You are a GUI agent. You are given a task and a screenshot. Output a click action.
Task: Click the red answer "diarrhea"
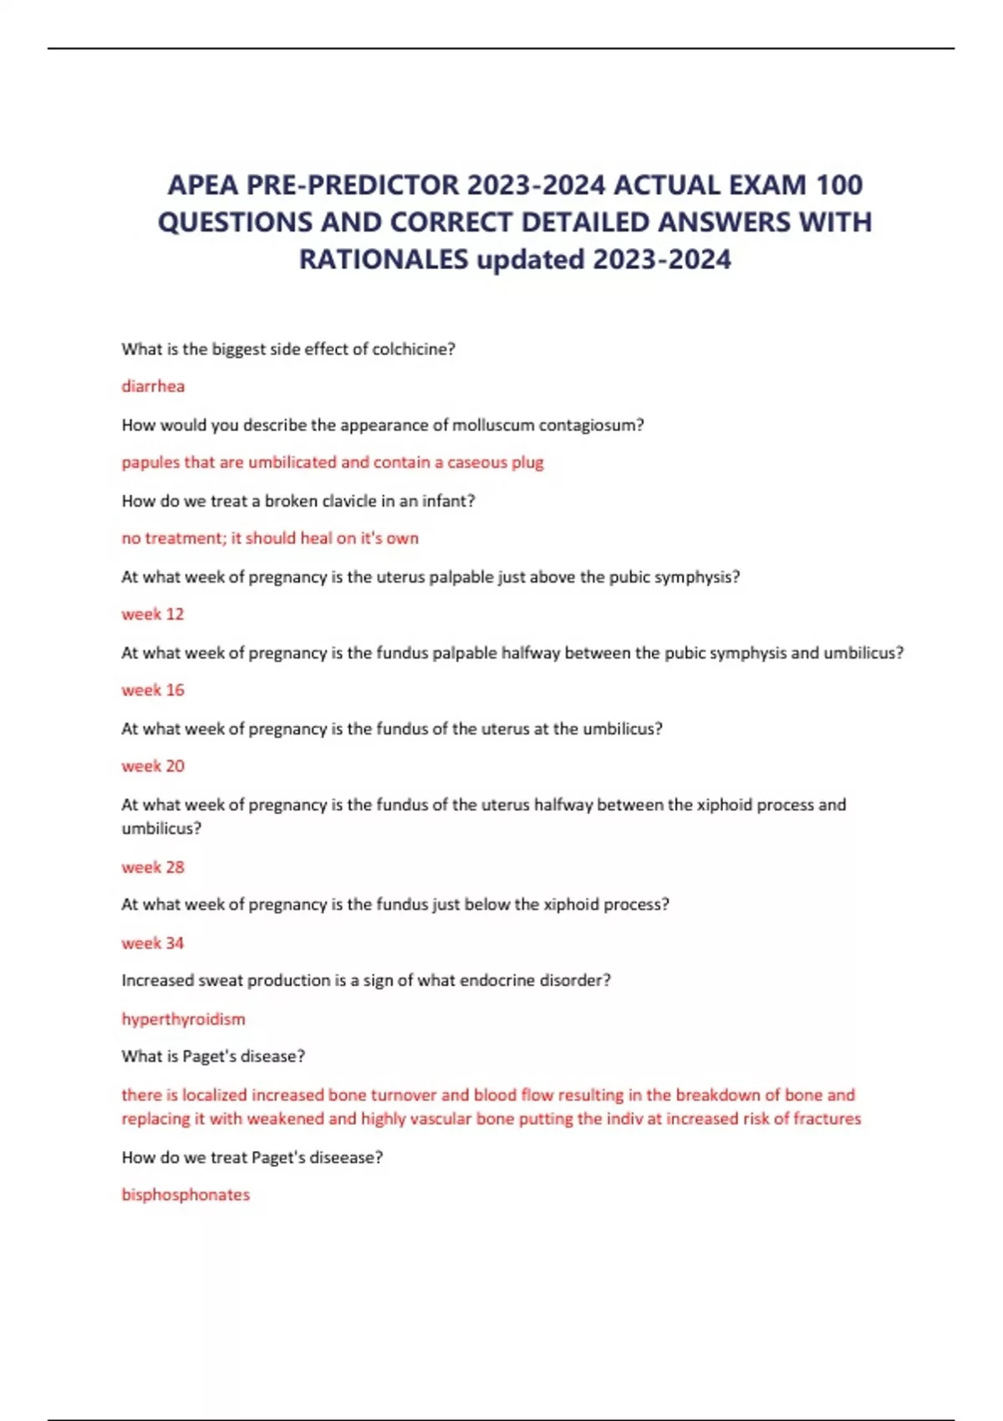[x=153, y=386]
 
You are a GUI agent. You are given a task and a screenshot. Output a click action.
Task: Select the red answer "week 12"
[x=153, y=614]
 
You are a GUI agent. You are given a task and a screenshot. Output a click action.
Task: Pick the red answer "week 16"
[x=153, y=690]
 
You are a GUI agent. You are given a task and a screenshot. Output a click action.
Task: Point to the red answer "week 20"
[x=153, y=767]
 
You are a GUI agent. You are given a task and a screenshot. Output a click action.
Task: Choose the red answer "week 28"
[x=153, y=868]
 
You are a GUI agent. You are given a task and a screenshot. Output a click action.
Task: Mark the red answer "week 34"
[x=153, y=944]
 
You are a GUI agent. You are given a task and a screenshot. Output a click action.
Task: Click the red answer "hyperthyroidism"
[x=183, y=1020]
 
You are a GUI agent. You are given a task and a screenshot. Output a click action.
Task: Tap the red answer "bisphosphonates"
[x=186, y=1195]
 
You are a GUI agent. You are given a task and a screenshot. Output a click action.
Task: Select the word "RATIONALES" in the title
[x=384, y=260]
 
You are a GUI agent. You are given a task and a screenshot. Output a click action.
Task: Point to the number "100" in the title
[x=839, y=185]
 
